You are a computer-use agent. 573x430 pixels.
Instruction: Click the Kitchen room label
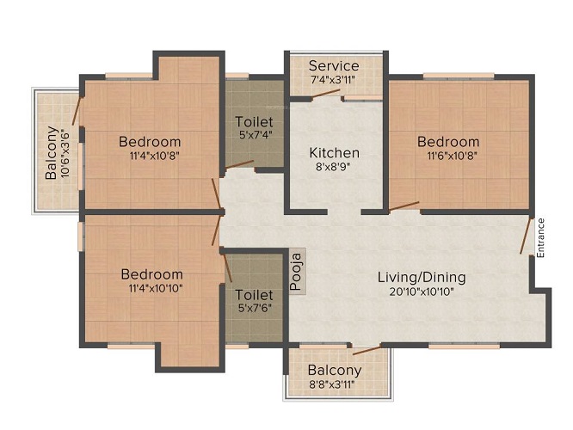[334, 153]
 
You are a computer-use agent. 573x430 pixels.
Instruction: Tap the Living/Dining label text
[422, 277]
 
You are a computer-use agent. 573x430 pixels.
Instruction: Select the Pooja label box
[298, 271]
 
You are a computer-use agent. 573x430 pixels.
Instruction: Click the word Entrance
[541, 237]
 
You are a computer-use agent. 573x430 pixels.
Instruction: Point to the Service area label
[334, 65]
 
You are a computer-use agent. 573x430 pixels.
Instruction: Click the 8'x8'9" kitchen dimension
[333, 167]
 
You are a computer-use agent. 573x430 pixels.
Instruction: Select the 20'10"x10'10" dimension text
[421, 292]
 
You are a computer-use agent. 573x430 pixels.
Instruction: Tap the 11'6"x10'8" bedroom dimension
[453, 156]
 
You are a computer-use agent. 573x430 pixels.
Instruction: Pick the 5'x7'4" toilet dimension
[254, 134]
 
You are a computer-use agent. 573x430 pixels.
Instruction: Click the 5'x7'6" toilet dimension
[254, 308]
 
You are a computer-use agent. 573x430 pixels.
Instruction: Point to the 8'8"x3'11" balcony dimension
[331, 384]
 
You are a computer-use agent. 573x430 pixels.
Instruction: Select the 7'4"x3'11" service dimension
[332, 79]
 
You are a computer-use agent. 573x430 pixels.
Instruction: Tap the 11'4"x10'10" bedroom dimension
[156, 288]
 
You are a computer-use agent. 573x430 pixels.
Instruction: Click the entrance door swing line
[526, 236]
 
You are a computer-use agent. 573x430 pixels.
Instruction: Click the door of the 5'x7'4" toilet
[239, 164]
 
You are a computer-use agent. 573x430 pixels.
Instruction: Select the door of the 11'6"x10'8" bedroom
[404, 206]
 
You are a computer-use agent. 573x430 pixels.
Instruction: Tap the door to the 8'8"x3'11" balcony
[367, 351]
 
